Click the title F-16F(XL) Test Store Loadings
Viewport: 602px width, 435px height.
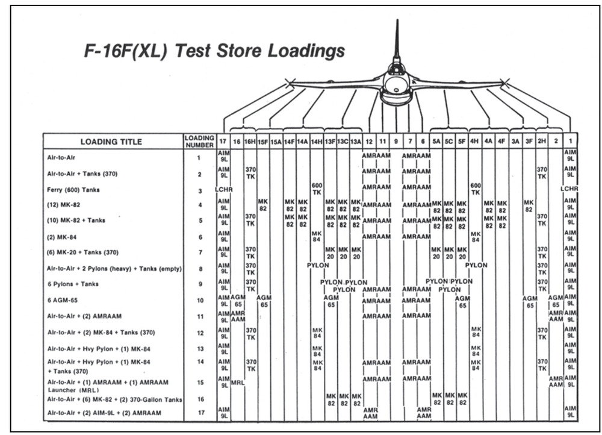[x=214, y=51]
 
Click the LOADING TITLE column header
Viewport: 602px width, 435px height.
[x=111, y=142]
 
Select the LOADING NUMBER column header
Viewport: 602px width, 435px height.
[x=199, y=142]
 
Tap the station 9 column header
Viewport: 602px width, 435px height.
[x=396, y=142]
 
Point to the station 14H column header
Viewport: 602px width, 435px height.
[x=317, y=142]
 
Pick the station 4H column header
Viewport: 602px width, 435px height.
[x=474, y=142]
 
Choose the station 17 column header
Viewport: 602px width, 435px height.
[x=223, y=142]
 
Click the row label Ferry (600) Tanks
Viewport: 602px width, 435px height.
[x=73, y=190]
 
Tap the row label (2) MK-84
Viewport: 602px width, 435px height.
[x=62, y=237]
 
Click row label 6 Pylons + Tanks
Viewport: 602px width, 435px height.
[x=73, y=284]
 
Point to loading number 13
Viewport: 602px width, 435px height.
[x=200, y=349]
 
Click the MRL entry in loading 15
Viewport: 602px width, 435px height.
[x=238, y=383]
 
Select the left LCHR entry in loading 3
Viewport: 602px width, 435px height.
[x=223, y=189]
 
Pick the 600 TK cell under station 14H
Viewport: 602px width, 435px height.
[x=317, y=189]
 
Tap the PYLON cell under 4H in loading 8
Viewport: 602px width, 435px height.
[x=476, y=265]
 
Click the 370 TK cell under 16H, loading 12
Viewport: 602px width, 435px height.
[x=250, y=334]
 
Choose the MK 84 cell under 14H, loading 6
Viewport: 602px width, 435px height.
[x=317, y=236]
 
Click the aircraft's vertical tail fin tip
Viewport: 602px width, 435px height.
[x=397, y=20]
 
